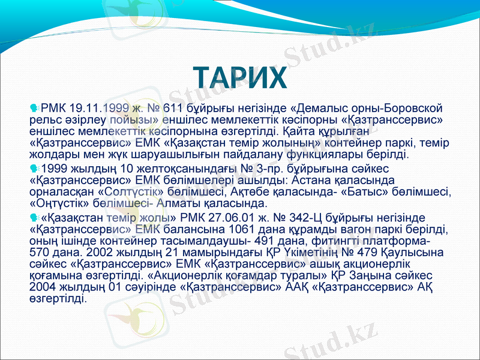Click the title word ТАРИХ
[240, 78]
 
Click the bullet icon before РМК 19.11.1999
[34, 109]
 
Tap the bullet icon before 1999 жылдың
[34, 167]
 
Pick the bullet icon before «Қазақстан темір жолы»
[34, 217]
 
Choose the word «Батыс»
[371, 191]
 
